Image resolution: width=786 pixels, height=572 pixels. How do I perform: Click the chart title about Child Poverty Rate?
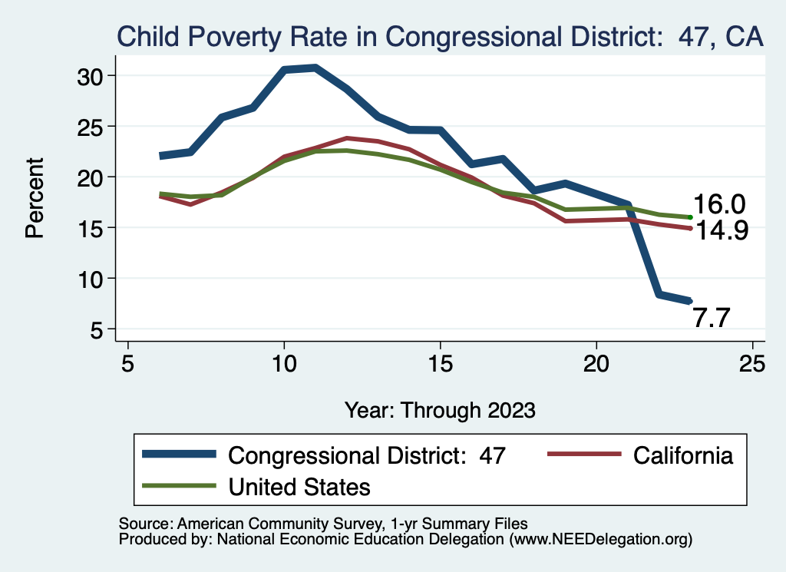point(439,36)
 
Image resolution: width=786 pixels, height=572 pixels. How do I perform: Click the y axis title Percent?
point(35,197)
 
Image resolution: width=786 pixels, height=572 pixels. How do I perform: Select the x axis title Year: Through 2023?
point(439,409)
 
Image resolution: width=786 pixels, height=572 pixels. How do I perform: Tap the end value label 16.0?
point(719,204)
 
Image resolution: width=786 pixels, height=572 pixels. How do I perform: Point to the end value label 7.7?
point(712,317)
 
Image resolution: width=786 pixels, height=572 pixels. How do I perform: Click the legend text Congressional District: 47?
point(368,455)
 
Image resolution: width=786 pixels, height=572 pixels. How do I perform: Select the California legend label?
point(683,455)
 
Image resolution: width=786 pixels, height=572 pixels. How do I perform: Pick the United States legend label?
point(300,486)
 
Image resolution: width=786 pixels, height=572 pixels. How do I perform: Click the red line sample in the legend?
point(583,455)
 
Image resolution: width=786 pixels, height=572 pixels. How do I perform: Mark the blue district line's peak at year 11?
point(315,68)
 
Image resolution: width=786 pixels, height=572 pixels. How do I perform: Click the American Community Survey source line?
point(323,524)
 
